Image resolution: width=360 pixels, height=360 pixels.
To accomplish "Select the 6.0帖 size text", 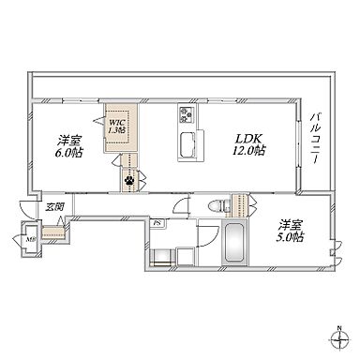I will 67,153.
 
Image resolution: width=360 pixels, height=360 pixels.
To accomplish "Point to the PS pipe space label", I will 157,223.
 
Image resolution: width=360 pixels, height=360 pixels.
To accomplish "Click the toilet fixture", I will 213,207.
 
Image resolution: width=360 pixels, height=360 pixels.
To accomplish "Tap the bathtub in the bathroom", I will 233,246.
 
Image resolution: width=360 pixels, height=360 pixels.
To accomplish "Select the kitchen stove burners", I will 186,116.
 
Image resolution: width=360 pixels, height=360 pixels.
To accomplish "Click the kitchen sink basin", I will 186,145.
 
